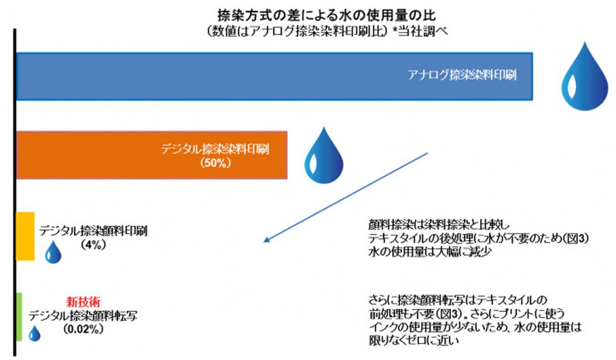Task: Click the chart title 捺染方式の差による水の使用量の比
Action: [x=327, y=15]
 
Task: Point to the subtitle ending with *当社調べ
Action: [x=327, y=31]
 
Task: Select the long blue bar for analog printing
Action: [x=275, y=76]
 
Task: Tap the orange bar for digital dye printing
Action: [x=152, y=155]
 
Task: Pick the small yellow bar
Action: [x=25, y=236]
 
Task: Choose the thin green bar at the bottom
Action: [x=19, y=317]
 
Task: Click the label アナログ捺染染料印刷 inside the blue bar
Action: [x=462, y=74]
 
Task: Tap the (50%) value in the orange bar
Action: [x=215, y=163]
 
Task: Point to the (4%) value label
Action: [x=94, y=244]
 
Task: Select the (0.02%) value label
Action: [x=83, y=329]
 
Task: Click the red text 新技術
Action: [x=83, y=302]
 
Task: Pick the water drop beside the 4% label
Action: [x=53, y=252]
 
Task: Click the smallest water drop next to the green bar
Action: [x=34, y=333]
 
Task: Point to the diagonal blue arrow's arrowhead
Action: [x=266, y=240]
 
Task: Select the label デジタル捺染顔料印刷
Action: [x=93, y=231]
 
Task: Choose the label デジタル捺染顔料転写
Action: [x=83, y=315]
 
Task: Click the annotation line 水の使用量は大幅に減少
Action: [x=430, y=252]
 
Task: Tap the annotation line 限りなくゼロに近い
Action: [x=414, y=340]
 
